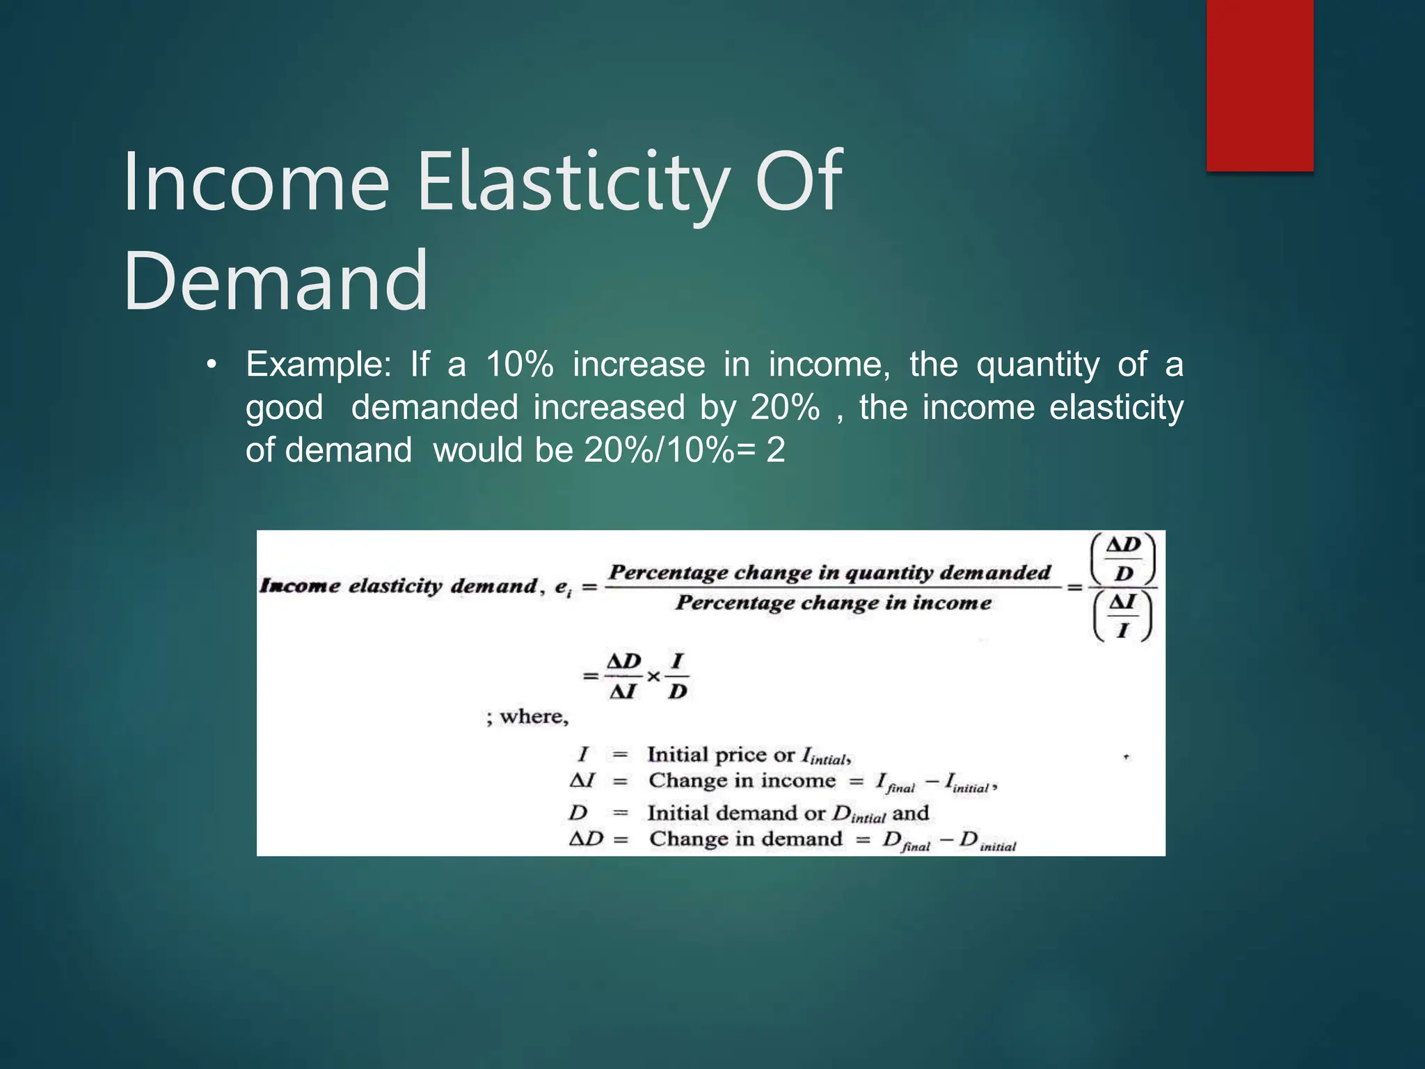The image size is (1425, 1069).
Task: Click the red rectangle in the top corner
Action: tap(1259, 85)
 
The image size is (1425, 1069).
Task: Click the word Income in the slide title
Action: tap(255, 182)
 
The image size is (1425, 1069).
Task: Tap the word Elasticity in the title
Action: tap(572, 182)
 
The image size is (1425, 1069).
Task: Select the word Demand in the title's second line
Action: tap(276, 281)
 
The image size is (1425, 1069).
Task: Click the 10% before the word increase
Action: tap(519, 365)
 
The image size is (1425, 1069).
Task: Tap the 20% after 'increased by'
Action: tap(785, 408)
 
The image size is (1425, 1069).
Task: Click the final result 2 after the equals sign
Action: tap(775, 450)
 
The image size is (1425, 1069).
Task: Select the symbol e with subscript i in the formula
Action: tap(562, 587)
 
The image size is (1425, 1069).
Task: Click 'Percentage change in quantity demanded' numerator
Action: tap(829, 572)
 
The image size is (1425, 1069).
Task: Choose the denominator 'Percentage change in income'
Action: tap(833, 603)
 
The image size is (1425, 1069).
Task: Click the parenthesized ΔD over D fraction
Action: tap(1123, 559)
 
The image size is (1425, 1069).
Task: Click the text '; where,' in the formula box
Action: tap(527, 717)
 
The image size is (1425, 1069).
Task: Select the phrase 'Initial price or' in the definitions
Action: tap(720, 754)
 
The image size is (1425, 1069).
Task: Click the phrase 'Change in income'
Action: tap(742, 781)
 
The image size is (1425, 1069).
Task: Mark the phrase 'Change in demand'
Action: tap(745, 839)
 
